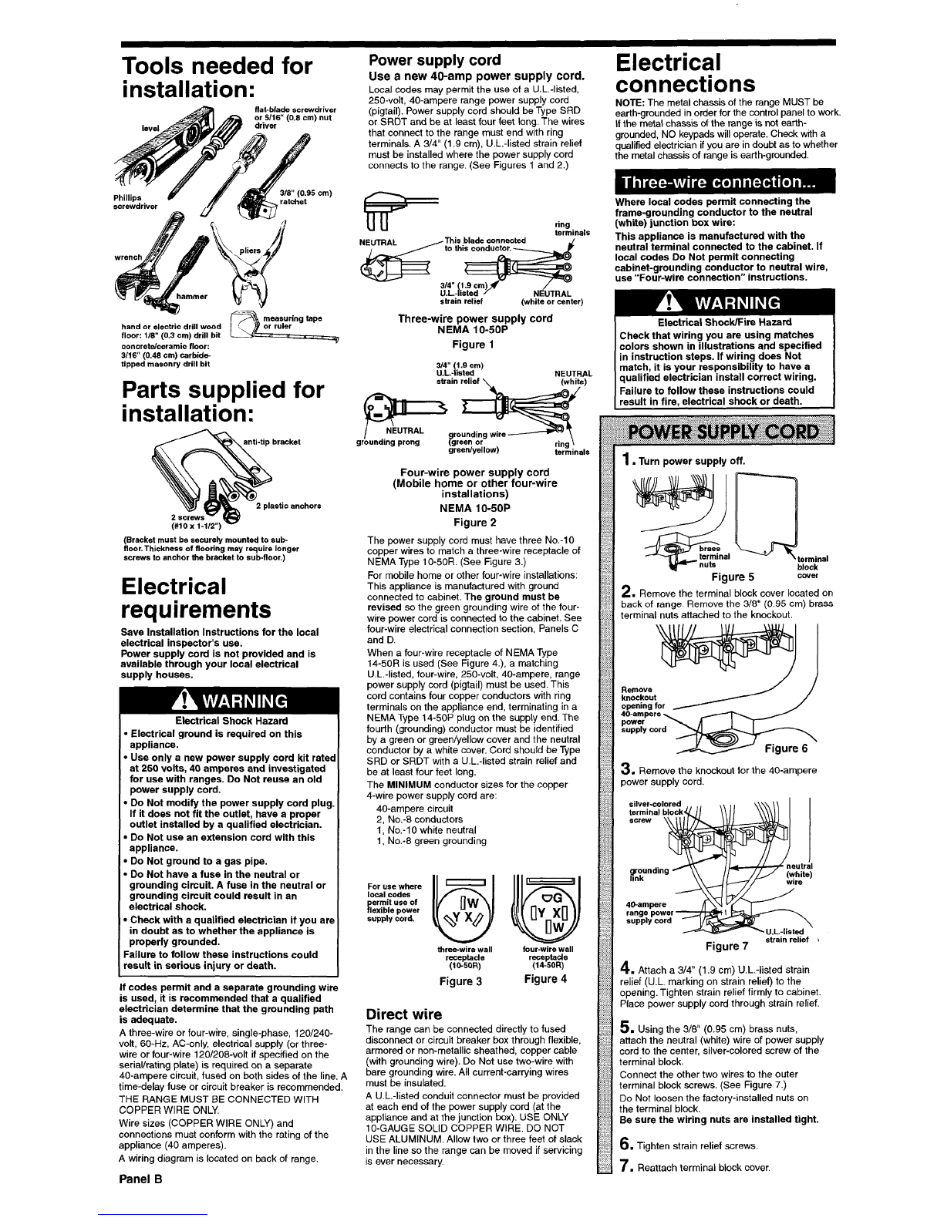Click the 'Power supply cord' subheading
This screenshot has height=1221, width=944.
pyautogui.click(x=435, y=60)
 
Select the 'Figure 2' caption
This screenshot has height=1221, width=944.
pyautogui.click(x=474, y=522)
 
